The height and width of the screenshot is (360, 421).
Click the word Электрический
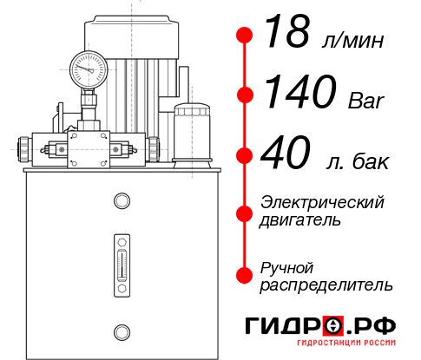tap(322, 202)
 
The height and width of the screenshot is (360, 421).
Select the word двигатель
tap(300, 220)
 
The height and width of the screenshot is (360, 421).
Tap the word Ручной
tap(286, 267)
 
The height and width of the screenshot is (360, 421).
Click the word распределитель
tap(326, 285)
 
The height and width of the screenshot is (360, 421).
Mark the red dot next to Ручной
tap(245, 275)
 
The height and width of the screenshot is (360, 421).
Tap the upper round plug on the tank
tap(122, 202)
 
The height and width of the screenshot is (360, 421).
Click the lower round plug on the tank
tap(122, 331)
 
